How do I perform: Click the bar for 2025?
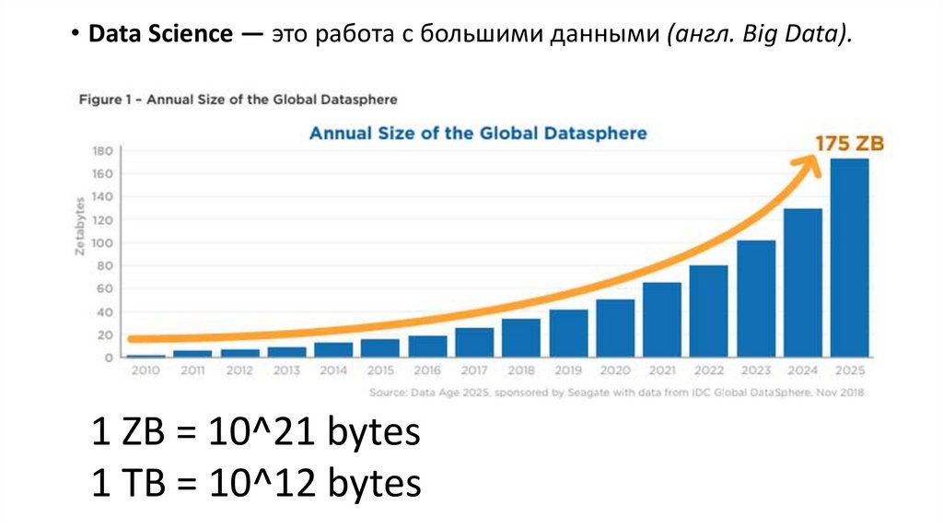(849, 258)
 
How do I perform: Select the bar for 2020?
(614, 328)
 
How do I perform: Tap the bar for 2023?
(755, 299)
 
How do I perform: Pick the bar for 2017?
(473, 342)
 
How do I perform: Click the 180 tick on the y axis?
(101, 150)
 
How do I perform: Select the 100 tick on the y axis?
(101, 242)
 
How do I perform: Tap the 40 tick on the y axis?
(103, 312)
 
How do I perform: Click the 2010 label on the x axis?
(145, 370)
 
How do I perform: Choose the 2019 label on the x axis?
(568, 370)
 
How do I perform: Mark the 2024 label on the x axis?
(803, 370)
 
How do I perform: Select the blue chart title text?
(477, 134)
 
